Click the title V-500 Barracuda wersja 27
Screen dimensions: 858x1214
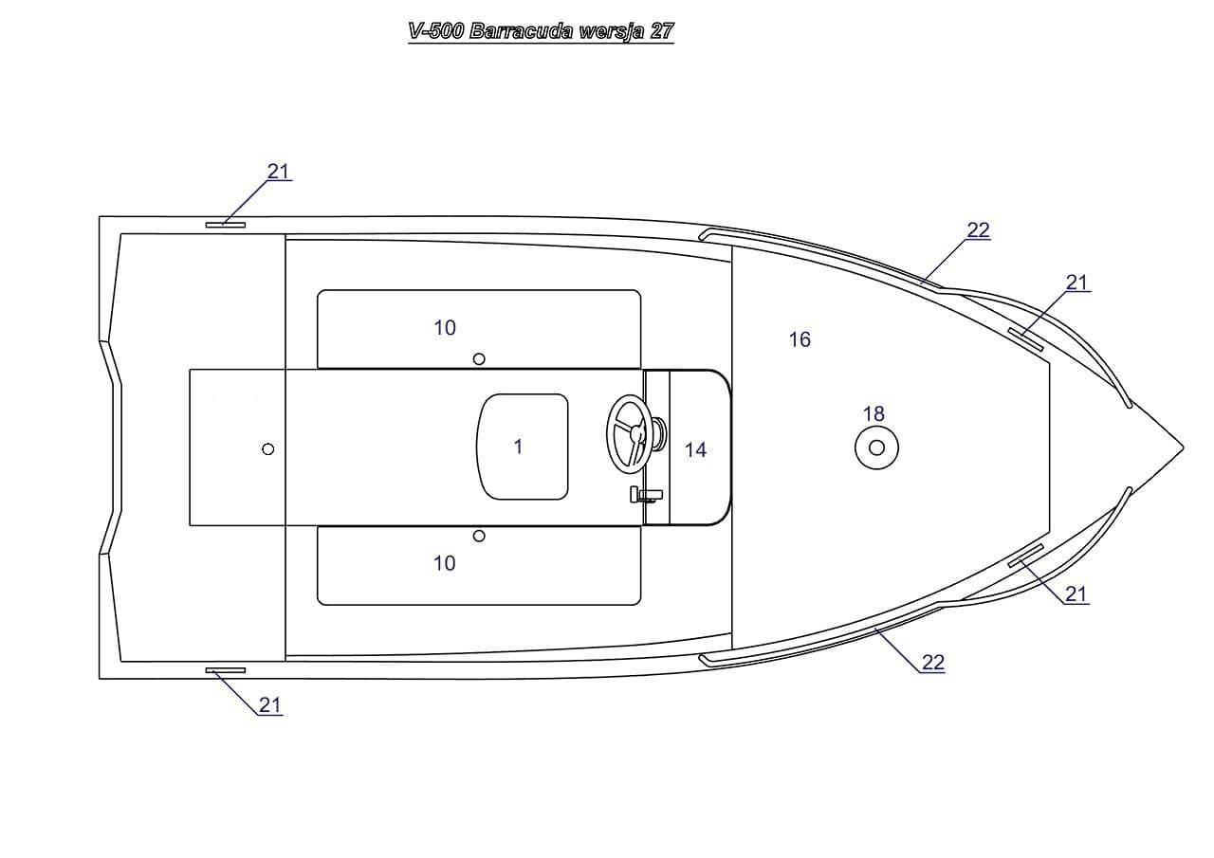pos(541,31)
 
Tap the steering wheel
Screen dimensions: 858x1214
pos(628,432)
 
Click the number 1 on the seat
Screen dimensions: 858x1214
pos(518,447)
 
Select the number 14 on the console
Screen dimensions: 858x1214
pos(695,450)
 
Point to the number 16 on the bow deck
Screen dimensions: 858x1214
pos(800,339)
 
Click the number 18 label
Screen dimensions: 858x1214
pos(874,414)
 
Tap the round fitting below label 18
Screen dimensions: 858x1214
pos(876,447)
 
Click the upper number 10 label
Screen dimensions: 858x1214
pos(445,328)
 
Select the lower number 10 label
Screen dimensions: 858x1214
pos(445,563)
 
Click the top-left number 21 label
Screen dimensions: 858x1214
pos(278,172)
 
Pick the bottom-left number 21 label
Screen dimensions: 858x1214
pos(270,705)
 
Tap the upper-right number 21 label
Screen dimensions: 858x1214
pos(1076,283)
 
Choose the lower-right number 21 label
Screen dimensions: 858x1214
pos(1076,594)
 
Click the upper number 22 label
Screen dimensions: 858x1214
pos(978,230)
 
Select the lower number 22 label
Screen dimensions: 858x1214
pos(933,663)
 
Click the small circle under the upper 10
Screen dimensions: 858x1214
pos(479,358)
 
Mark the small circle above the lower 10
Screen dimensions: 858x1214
pos(479,537)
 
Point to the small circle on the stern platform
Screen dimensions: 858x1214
pos(268,448)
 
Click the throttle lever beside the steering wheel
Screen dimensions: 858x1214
pos(646,494)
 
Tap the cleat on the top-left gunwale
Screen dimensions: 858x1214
pos(226,225)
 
